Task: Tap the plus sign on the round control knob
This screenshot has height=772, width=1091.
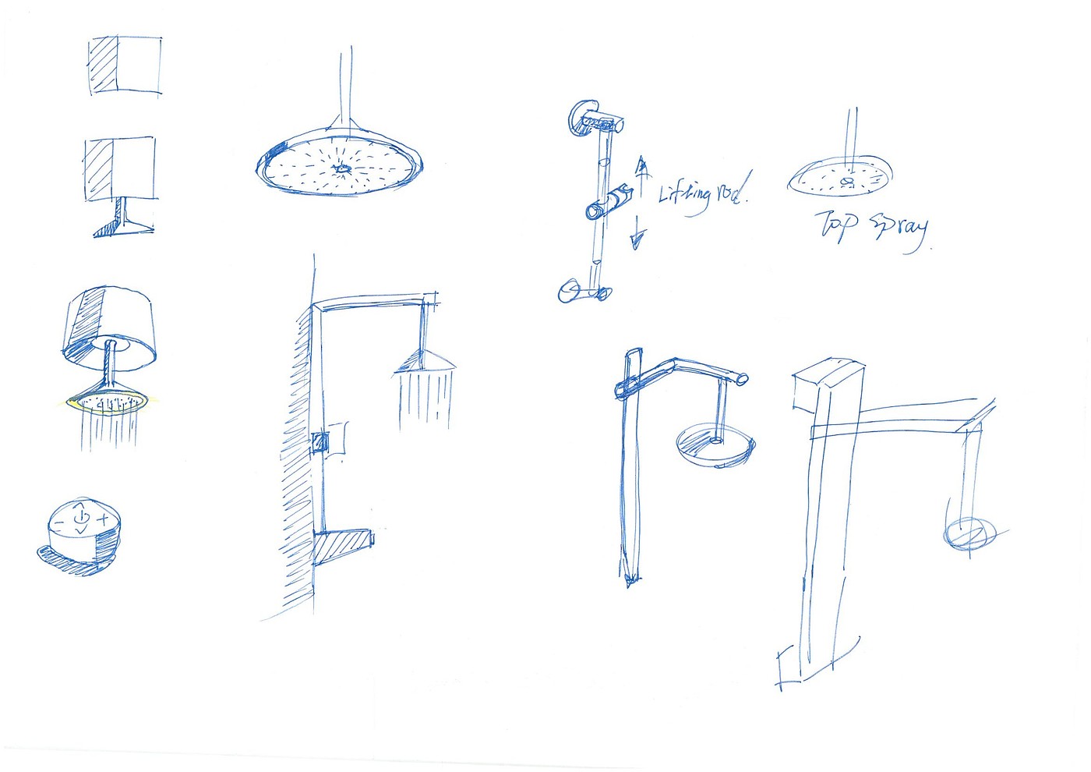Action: pyautogui.click(x=103, y=519)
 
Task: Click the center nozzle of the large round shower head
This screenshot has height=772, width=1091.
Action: pyautogui.click(x=341, y=168)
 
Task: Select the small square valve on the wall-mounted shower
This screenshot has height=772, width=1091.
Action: pyautogui.click(x=320, y=443)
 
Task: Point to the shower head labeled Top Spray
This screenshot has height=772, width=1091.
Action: pyautogui.click(x=841, y=176)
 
